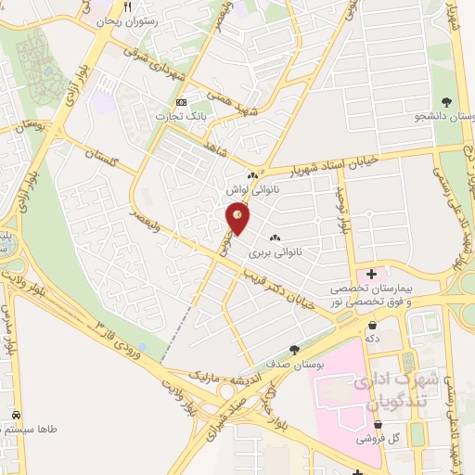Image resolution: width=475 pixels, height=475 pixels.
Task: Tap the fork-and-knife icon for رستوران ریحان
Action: click(140, 6)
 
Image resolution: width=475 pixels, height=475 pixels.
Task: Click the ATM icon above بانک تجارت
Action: click(181, 102)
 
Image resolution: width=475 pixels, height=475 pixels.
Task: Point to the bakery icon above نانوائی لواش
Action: click(252, 175)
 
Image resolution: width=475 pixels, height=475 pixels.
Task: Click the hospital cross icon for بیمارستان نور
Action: click(372, 275)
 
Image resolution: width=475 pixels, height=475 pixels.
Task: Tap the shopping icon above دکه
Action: click(373, 325)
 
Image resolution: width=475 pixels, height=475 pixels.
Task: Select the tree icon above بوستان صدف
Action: click(294, 350)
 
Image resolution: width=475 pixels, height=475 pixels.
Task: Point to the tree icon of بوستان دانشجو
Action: click(447, 101)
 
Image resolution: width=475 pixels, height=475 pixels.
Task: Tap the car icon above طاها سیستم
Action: click(17, 415)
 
